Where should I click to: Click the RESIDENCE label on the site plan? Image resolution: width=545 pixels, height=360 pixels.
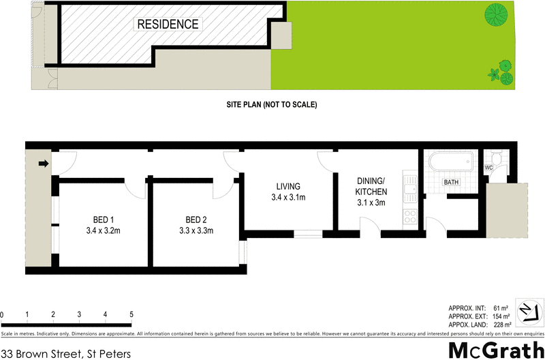(x=168, y=25)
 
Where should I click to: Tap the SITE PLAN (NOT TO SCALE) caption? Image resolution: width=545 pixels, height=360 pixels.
(x=272, y=105)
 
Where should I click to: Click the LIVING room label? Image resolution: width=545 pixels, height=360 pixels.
(x=288, y=192)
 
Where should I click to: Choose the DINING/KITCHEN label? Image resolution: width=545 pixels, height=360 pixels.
(x=371, y=192)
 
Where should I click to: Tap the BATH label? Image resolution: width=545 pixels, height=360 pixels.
(x=451, y=183)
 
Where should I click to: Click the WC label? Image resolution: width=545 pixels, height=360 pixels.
(x=488, y=168)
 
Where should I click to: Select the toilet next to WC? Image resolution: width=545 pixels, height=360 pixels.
(x=499, y=161)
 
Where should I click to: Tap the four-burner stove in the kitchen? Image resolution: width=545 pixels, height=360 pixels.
(x=409, y=217)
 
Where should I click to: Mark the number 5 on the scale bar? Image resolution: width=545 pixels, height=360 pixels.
(x=131, y=314)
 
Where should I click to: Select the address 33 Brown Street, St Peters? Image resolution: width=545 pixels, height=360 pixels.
(x=65, y=353)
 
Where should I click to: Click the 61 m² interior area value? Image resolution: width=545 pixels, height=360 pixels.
(x=501, y=308)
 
